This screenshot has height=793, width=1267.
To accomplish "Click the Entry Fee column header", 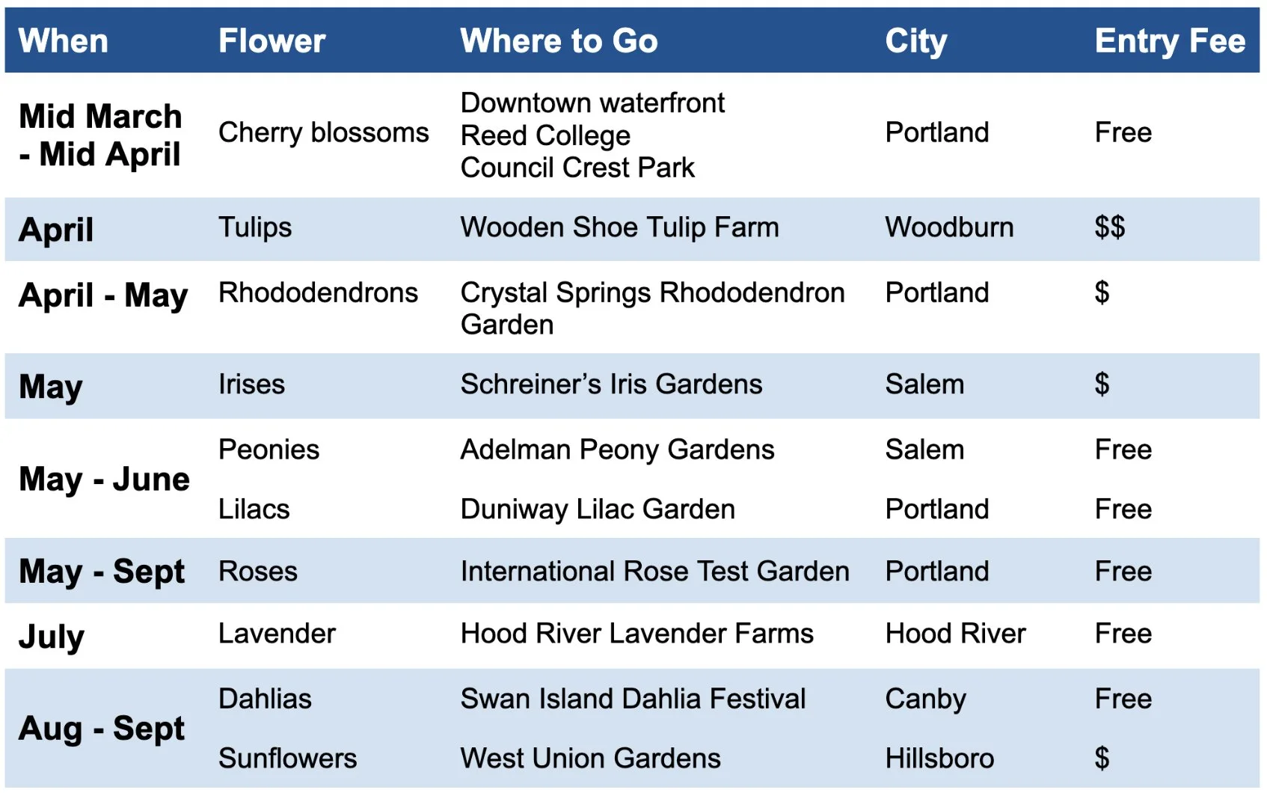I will [x=1169, y=41].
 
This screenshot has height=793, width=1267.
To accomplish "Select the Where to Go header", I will [x=559, y=41].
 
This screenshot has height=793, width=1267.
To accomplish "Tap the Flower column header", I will [x=271, y=41].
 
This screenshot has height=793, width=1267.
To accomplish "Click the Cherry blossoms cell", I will [x=323, y=133].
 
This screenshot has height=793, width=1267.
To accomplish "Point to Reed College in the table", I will [x=545, y=135].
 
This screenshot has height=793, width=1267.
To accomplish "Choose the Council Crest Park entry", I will [x=577, y=168].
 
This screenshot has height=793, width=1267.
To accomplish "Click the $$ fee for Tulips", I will [x=1109, y=227].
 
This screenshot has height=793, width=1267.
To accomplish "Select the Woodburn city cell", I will [x=949, y=227].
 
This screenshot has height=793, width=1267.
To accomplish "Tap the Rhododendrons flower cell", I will [x=318, y=293].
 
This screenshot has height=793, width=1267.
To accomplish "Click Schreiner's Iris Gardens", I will [x=611, y=385].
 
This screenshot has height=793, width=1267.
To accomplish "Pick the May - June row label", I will [x=104, y=480].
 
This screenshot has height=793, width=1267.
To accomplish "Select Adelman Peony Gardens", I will [x=617, y=450].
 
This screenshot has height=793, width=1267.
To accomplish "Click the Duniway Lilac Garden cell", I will [x=598, y=509].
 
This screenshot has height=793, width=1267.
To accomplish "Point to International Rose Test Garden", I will [x=654, y=572].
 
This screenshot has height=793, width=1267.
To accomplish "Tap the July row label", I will [x=52, y=637].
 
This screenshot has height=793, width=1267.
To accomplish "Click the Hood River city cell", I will [x=955, y=634].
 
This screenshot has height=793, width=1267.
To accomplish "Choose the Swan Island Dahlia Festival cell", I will [x=633, y=699].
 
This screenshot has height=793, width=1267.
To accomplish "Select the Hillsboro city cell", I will [x=939, y=759].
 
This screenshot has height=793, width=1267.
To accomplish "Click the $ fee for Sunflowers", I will [x=1102, y=759].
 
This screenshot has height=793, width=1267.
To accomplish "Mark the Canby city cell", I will [x=925, y=699].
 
